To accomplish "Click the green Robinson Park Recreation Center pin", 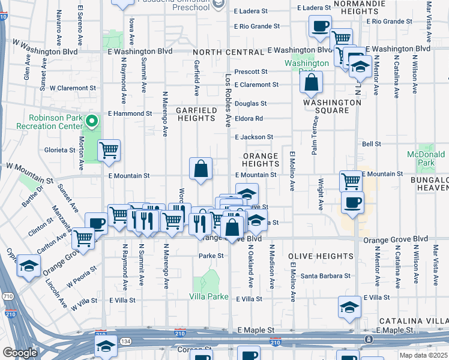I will point(91,122).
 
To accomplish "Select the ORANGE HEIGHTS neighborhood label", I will point(261,160).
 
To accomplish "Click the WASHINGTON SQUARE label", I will point(332,106).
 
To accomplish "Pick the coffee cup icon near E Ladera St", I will point(320,26).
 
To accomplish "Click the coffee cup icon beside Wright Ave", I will point(352,202).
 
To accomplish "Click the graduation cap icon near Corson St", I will point(106,346).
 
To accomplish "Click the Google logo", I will point(20,353).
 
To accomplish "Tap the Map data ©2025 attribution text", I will point(423,355).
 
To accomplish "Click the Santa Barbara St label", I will point(326,276).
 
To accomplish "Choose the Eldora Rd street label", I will point(249,119).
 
